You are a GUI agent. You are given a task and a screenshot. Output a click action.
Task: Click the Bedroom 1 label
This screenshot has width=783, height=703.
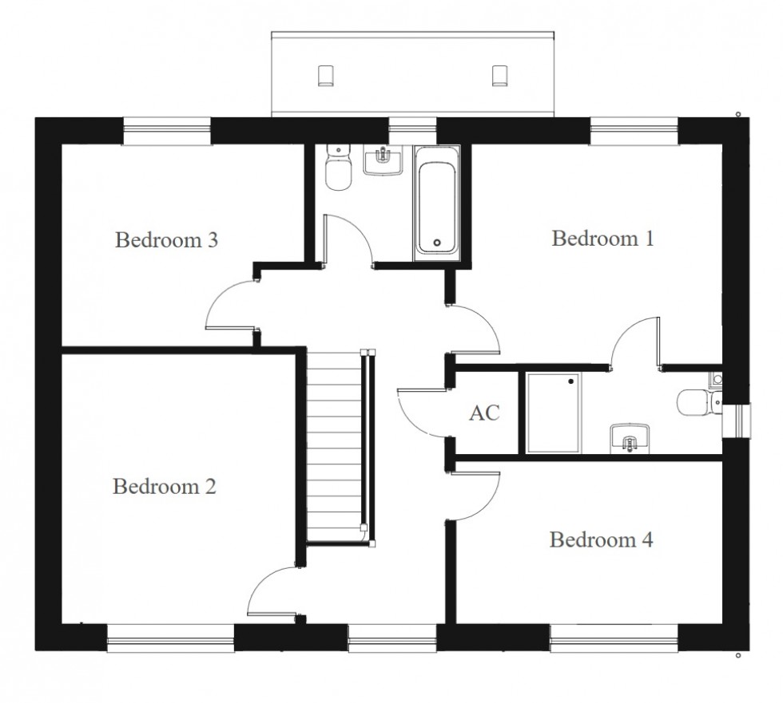click(602, 239)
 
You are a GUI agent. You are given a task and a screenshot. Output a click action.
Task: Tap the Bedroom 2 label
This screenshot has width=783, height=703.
click(165, 486)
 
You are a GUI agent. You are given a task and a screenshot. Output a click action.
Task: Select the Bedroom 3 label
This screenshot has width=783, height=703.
click(166, 240)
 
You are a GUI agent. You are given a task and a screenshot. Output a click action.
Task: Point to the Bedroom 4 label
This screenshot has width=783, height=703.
click(601, 539)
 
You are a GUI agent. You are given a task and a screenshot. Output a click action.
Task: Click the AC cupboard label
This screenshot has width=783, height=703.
click(484, 413)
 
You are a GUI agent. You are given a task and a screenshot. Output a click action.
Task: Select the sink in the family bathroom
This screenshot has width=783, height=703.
click(383, 160)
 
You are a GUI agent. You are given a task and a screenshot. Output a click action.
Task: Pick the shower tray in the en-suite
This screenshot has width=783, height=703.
click(553, 413)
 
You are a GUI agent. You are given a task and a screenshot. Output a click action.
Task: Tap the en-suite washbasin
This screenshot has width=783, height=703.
click(630, 439)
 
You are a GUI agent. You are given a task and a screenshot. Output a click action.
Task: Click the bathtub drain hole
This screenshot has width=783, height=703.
click(437, 243)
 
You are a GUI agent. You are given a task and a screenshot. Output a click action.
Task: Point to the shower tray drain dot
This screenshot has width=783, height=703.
click(570, 381)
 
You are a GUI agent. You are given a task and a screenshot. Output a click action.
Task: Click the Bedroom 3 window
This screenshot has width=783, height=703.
click(167, 131)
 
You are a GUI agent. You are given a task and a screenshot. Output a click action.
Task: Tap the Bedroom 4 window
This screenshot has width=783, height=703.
click(614, 638)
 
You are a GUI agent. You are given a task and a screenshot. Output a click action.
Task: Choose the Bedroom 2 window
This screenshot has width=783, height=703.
click(171, 638)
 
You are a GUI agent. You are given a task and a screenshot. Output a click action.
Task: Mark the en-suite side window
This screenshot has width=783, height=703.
click(737, 421)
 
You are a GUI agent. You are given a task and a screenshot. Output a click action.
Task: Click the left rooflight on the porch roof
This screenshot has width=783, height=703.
click(326, 76)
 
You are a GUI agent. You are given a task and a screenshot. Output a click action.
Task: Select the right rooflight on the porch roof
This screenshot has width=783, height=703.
click(500, 76)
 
